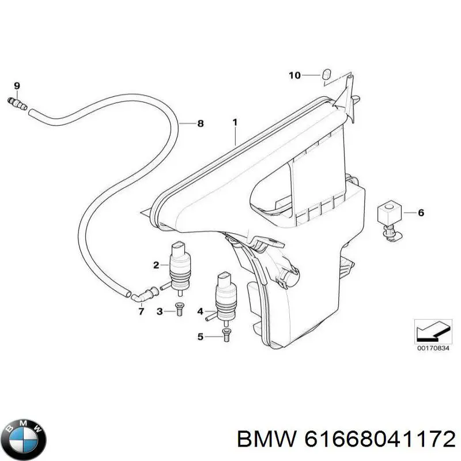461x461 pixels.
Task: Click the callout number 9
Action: [17, 86]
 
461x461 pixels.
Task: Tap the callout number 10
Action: [294, 75]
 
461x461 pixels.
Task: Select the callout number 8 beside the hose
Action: [201, 123]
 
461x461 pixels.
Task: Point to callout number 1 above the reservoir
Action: [235, 122]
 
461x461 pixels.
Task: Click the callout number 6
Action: [421, 213]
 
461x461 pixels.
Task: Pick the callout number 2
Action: [156, 265]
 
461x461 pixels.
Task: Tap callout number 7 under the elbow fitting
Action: [141, 311]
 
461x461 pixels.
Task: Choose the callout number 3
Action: [160, 311]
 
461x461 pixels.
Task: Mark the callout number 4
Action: [200, 311]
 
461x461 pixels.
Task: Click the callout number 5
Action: [200, 337]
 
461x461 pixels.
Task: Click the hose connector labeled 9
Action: [17, 104]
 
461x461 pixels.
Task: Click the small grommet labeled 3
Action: [179, 309]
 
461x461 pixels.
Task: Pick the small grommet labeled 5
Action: [226, 335]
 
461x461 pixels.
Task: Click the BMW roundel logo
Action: [24, 440]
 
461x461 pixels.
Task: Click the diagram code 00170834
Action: [433, 349]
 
